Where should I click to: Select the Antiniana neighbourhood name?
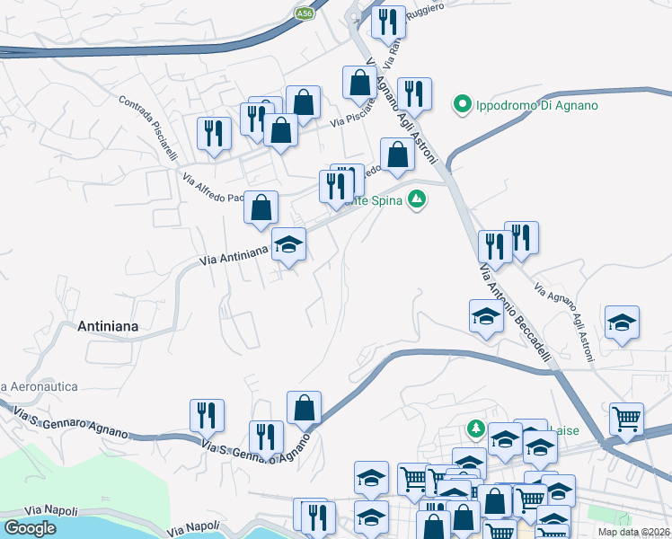(108, 327)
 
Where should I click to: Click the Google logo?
(31, 528)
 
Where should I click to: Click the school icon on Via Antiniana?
(288, 244)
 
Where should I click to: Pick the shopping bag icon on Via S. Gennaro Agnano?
(305, 407)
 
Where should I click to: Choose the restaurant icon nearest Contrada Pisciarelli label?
(214, 134)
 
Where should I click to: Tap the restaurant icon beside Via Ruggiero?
(388, 22)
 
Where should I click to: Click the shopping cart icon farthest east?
(627, 418)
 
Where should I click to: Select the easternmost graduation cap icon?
(621, 323)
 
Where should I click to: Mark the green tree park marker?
(475, 427)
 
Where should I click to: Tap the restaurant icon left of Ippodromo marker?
(414, 93)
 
